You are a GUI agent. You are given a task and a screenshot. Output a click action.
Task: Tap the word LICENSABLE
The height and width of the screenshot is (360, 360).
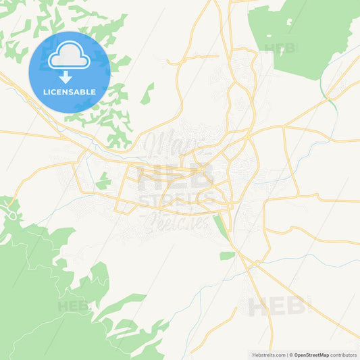[x=70, y=91]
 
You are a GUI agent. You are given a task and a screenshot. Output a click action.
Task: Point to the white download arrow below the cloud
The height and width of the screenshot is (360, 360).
[x=70, y=74]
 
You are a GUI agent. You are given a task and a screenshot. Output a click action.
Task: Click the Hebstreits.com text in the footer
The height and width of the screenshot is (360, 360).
[x=269, y=354]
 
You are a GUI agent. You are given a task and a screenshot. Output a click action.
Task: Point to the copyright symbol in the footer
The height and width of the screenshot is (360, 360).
[x=291, y=354]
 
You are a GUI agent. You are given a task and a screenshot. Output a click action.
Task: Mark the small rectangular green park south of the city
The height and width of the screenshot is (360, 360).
[x=228, y=255]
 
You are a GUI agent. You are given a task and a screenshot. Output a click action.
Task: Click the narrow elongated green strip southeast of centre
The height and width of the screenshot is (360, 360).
[x=221, y=226]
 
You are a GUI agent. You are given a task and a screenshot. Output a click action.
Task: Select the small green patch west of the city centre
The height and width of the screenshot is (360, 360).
[x=103, y=182]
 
